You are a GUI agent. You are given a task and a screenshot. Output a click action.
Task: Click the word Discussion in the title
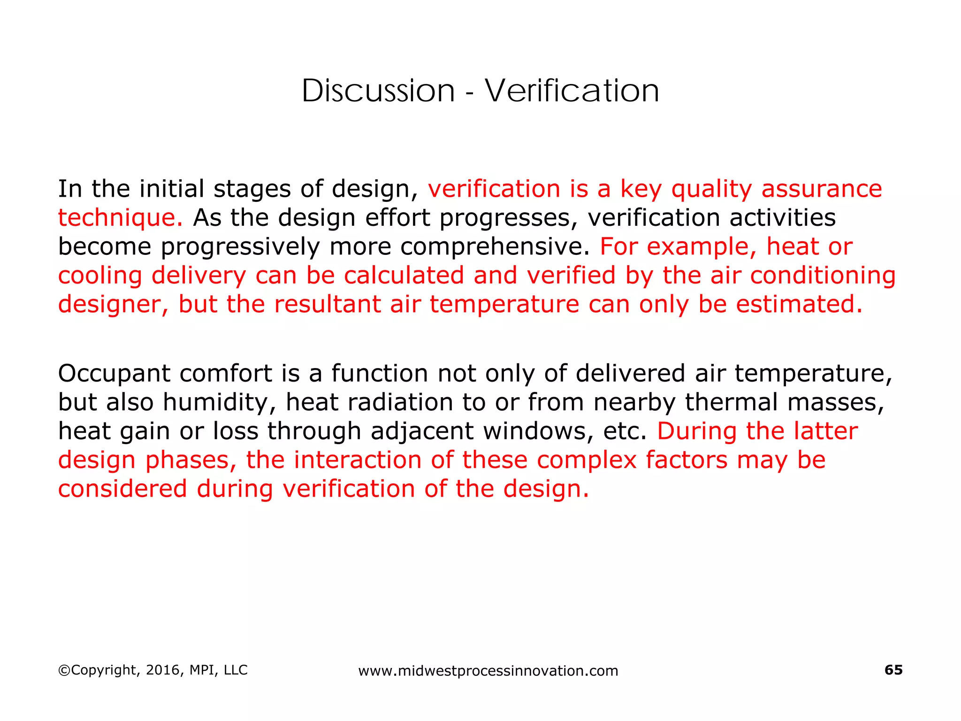[378, 91]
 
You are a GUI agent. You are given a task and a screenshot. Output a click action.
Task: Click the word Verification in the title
[572, 91]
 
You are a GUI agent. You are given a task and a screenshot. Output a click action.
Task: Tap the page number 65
[893, 670]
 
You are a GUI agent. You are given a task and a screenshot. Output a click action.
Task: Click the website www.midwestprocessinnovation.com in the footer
[488, 671]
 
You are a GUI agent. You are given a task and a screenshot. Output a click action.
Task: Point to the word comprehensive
[495, 247]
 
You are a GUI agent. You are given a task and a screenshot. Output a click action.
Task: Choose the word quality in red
[711, 190]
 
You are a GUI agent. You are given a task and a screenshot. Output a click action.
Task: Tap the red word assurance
[822, 189]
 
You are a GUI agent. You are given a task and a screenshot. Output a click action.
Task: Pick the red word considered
[122, 489]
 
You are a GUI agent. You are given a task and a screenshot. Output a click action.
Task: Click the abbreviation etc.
[625, 431]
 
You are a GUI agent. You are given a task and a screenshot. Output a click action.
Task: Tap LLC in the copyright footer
[236, 670]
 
